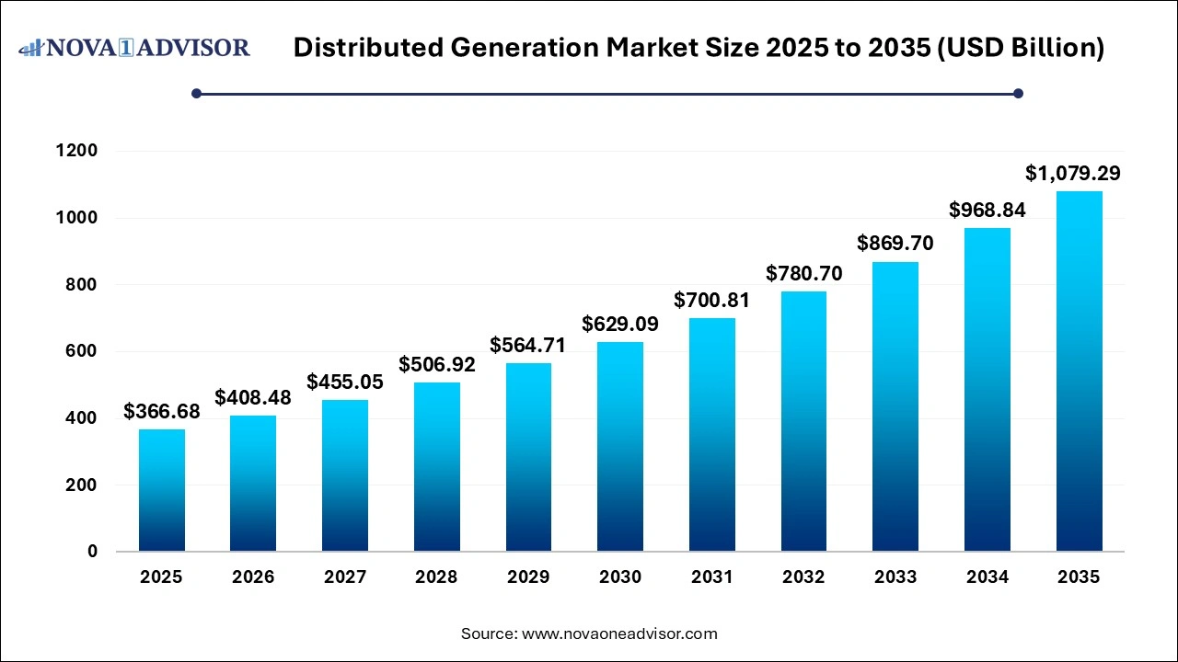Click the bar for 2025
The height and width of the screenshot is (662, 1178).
coord(161,490)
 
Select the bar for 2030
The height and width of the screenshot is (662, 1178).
coord(619,447)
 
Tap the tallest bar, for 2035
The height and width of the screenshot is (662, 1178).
coord(1079,371)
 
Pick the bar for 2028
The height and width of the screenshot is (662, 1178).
coord(436,467)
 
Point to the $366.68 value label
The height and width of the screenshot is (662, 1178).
coord(161,411)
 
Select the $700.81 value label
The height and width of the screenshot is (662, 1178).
coord(711,300)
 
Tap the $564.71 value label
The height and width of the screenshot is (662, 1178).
coord(527,345)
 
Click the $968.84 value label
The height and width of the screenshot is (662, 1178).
coord(987,210)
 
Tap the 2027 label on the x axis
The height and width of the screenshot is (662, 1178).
coord(344,577)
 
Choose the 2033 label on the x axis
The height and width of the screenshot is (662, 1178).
coord(895,577)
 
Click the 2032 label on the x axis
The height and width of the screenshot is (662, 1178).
coord(803,577)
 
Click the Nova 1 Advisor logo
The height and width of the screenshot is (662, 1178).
coord(135,47)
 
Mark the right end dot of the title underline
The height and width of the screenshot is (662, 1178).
coord(1018,93)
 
